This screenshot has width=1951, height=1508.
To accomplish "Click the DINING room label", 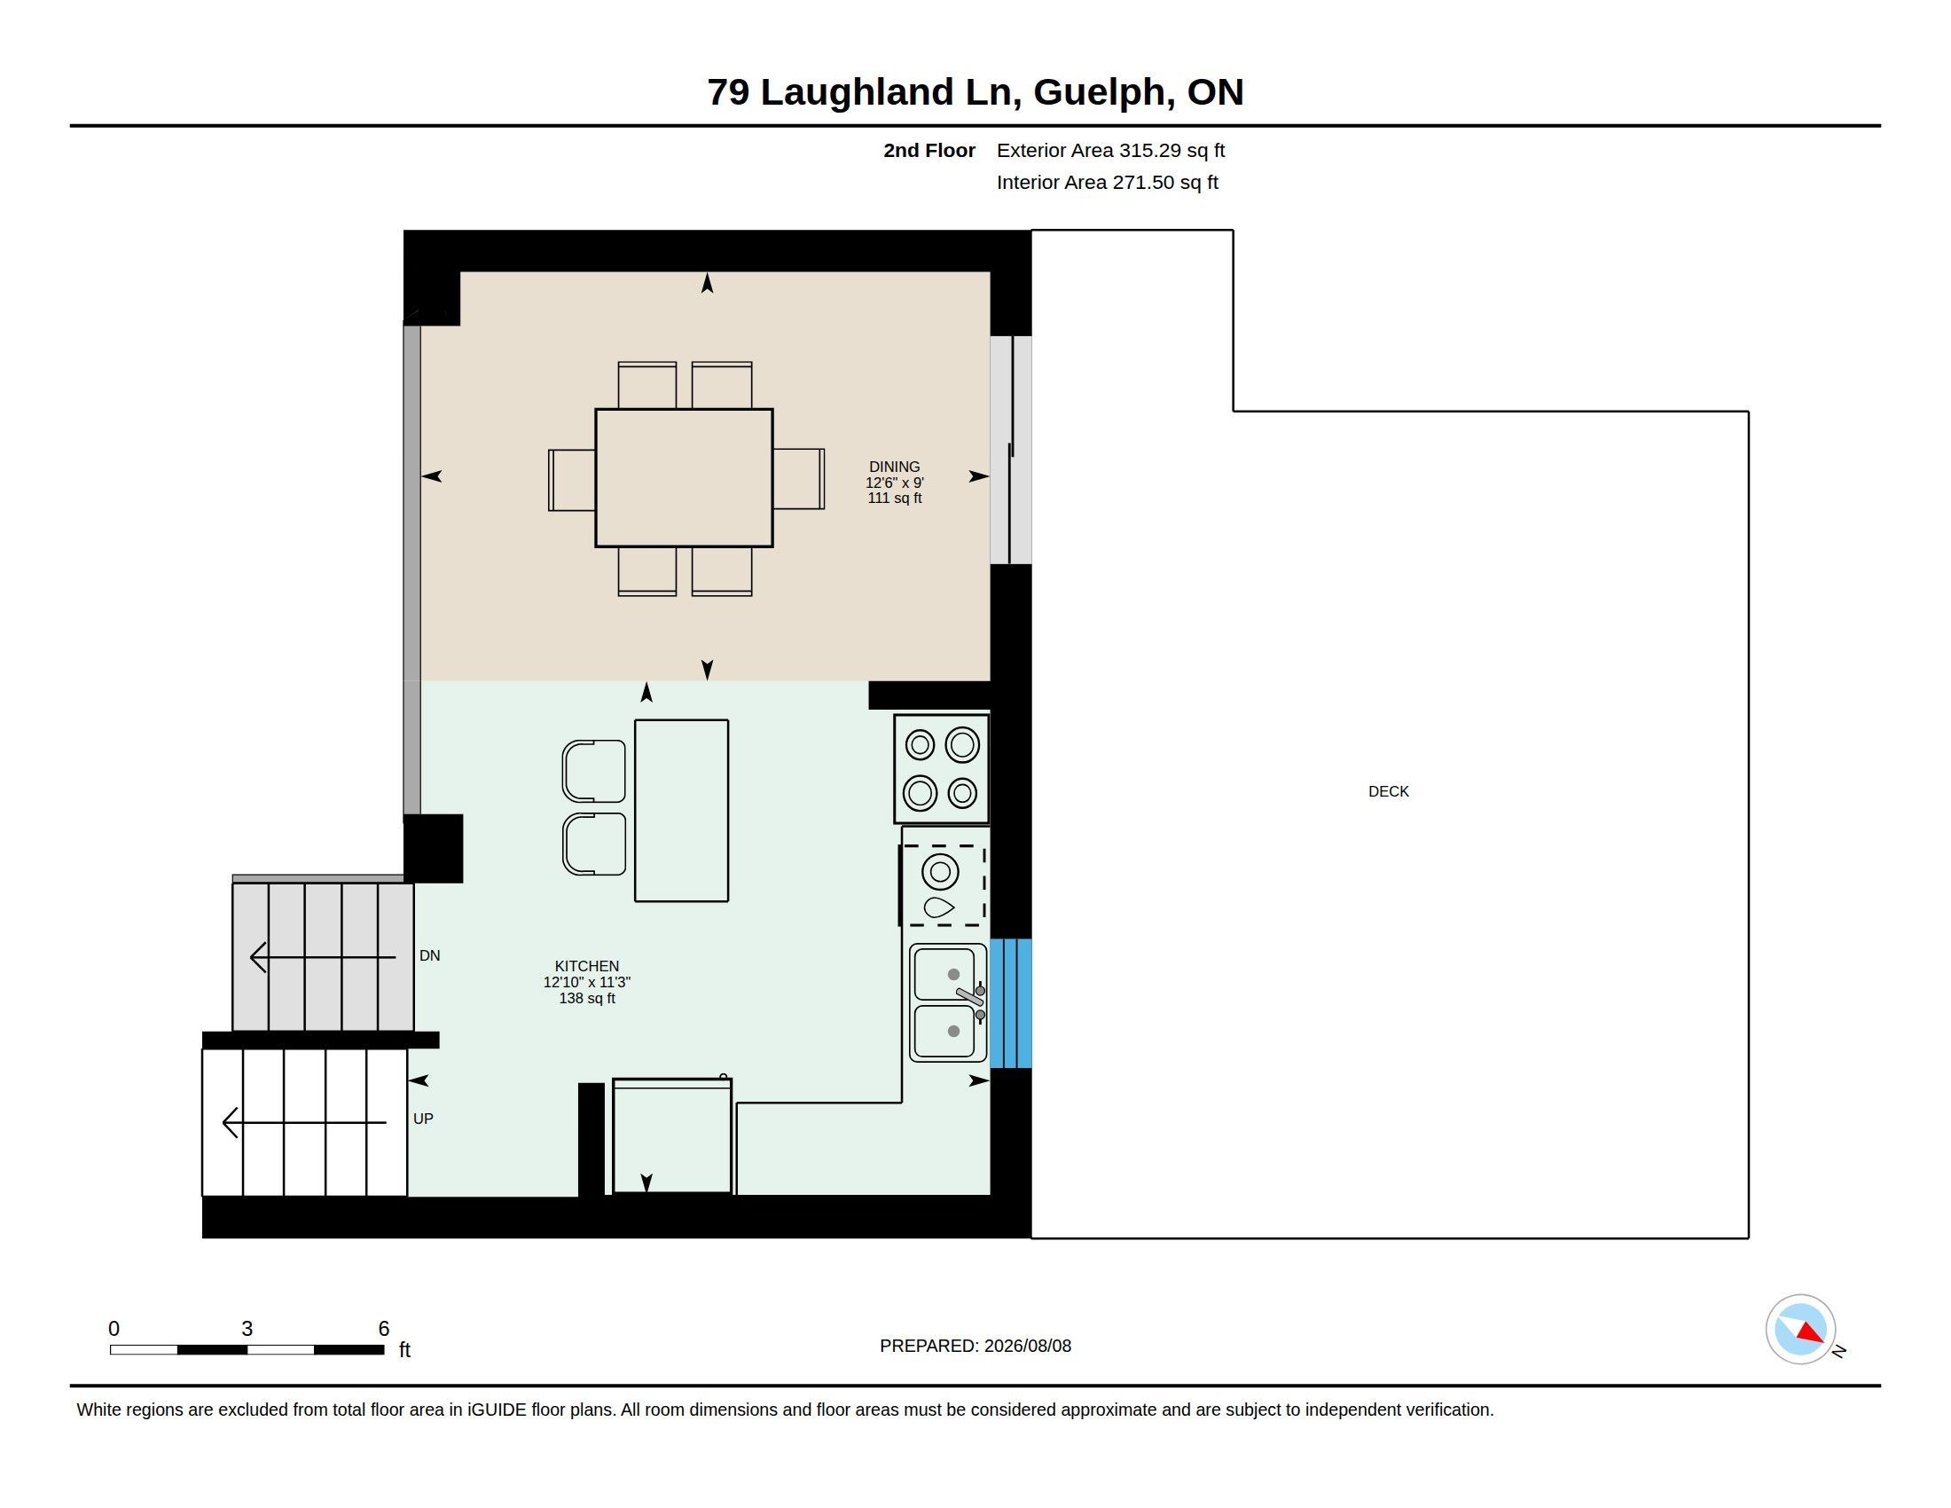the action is (x=894, y=467).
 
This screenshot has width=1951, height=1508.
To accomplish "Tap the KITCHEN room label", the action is (x=587, y=966).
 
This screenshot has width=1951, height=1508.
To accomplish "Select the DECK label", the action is (x=1388, y=791).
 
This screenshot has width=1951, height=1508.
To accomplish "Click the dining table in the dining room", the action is (x=685, y=478).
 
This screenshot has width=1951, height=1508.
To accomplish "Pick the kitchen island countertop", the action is (x=682, y=810).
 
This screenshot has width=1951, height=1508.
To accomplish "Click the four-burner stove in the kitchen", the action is (x=942, y=768).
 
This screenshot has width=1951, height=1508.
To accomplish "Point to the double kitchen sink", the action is (x=949, y=1002).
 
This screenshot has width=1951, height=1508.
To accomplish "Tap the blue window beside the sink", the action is (x=1010, y=1002).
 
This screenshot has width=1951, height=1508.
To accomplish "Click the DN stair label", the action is (x=430, y=955).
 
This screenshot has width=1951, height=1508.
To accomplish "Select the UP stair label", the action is (x=423, y=1119).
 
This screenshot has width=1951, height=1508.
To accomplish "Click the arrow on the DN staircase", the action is (x=323, y=957).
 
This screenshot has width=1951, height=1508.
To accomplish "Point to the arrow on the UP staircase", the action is (x=303, y=1122).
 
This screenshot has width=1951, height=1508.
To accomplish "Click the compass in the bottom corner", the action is (x=1800, y=1330).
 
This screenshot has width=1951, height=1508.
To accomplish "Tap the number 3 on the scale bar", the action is (x=247, y=1329).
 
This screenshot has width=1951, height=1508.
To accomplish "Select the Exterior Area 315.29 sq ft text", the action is (x=1110, y=150).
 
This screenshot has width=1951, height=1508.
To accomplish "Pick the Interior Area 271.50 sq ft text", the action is (x=1108, y=182).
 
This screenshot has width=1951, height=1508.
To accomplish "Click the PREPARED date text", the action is (x=975, y=1346).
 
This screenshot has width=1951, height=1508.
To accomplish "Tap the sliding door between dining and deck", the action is (x=1010, y=451).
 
